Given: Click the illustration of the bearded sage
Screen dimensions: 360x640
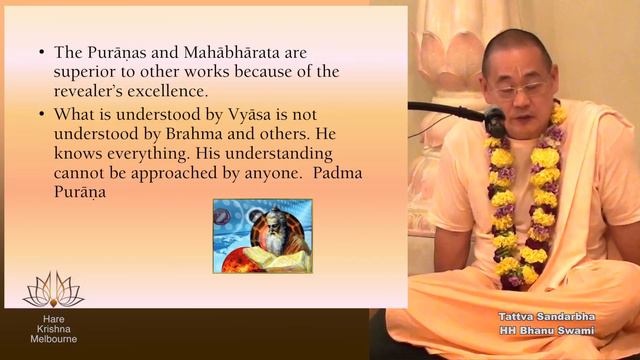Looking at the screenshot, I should tap(262, 236).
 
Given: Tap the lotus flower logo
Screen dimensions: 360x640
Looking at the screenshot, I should tap(53, 291).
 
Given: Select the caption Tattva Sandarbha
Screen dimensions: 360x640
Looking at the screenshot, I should tap(552, 317).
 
